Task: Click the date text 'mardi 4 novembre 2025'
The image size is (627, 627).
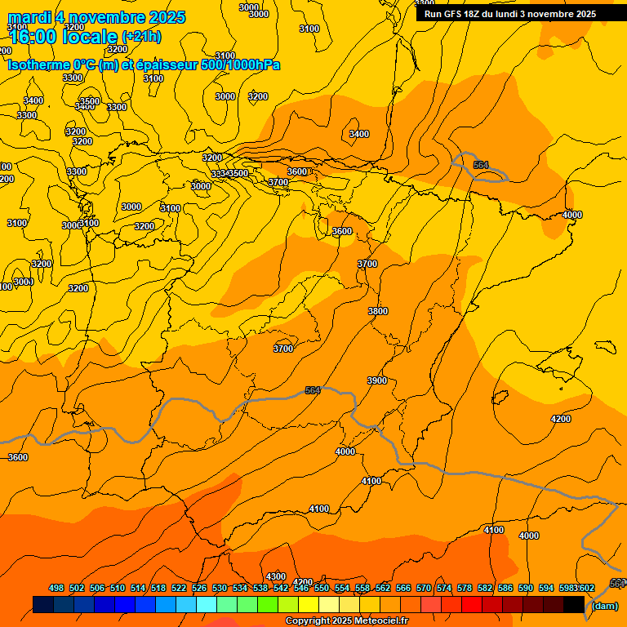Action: pyautogui.click(x=97, y=17)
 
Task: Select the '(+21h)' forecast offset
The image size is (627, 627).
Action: pyautogui.click(x=141, y=37)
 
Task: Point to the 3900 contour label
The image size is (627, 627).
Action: pyautogui.click(x=377, y=381)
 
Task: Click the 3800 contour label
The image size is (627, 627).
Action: pyautogui.click(x=378, y=311)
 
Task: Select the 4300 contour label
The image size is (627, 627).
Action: pyautogui.click(x=276, y=577)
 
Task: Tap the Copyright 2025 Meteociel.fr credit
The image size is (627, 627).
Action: pyautogui.click(x=346, y=621)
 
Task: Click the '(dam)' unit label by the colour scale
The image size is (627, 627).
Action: pyautogui.click(x=604, y=606)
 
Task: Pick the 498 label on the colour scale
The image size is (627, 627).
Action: pyautogui.click(x=56, y=588)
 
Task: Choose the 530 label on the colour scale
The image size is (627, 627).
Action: pyautogui.click(x=220, y=588)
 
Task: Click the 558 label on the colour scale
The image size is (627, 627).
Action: pyautogui.click(x=362, y=588)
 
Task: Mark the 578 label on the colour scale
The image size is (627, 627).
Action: pyautogui.click(x=465, y=588)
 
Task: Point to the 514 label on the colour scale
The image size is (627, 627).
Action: pyautogui.click(x=138, y=588)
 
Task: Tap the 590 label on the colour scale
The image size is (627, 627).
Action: pyautogui.click(x=526, y=588)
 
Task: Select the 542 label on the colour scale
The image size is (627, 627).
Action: pyautogui.click(x=281, y=588)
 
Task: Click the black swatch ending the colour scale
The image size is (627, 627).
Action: pyautogui.click(x=574, y=605)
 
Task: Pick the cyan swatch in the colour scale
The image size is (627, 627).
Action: pyautogui.click(x=207, y=605)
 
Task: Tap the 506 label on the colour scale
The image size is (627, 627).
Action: pyautogui.click(x=97, y=588)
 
